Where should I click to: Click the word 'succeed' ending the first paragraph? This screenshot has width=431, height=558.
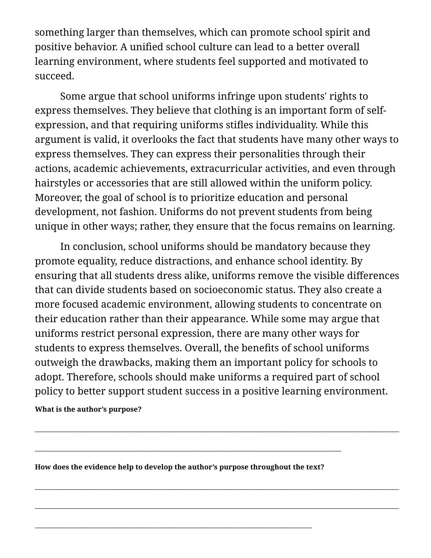click(x=53, y=76)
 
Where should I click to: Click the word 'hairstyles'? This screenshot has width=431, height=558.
click(x=58, y=183)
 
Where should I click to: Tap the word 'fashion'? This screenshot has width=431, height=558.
click(x=137, y=212)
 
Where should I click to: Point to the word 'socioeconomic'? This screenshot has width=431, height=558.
click(x=228, y=290)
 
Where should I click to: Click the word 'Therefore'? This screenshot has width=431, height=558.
click(x=90, y=377)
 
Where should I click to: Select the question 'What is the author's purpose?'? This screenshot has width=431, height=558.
click(x=88, y=409)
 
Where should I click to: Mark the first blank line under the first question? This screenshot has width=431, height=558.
click(x=217, y=431)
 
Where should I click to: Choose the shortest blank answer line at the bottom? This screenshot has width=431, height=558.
click(x=173, y=527)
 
